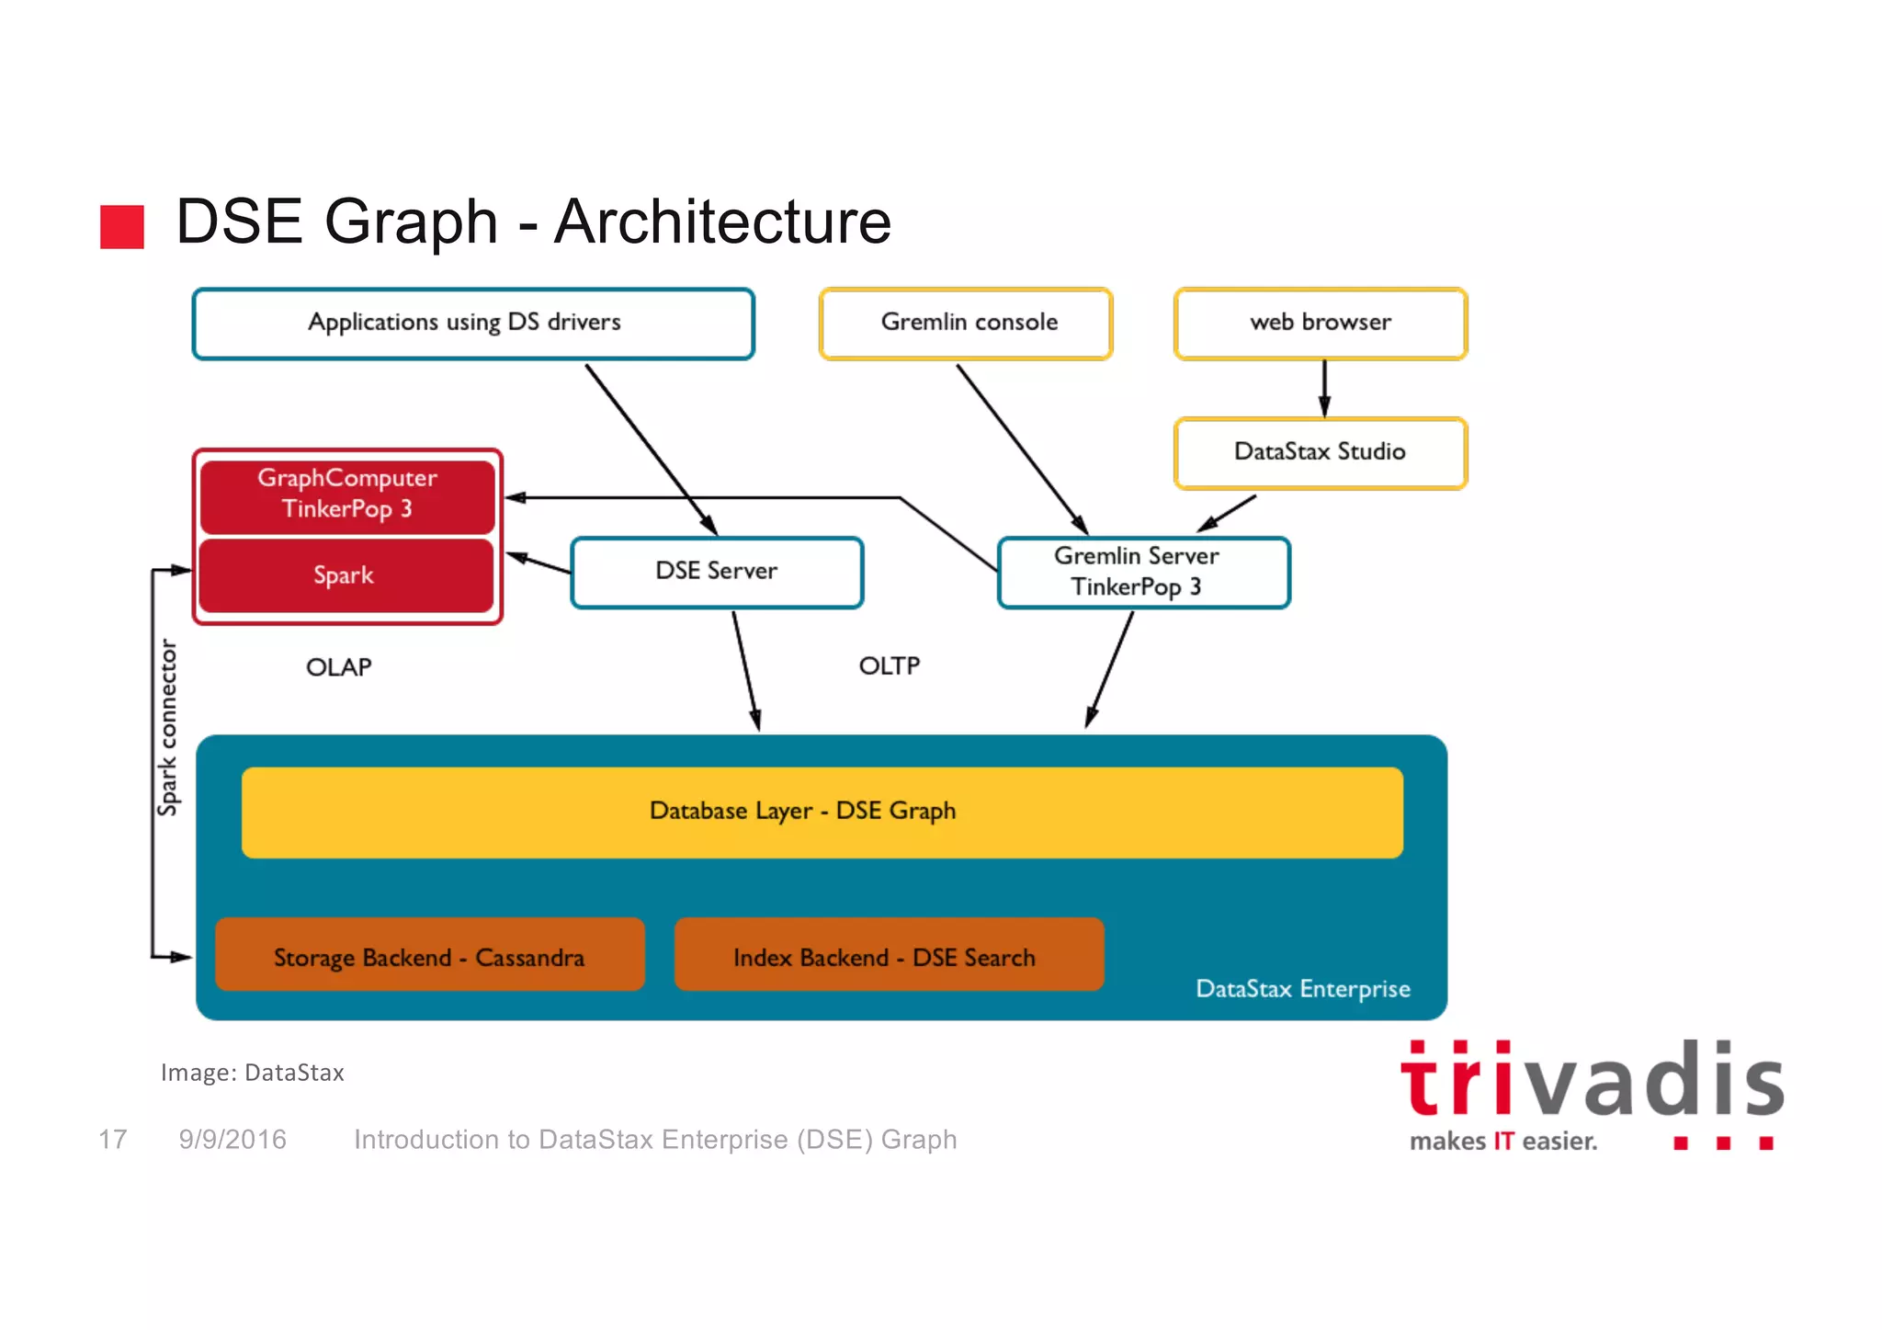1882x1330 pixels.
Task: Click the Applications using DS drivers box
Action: pyautogui.click(x=472, y=324)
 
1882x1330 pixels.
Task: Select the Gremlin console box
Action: pyautogui.click(x=966, y=324)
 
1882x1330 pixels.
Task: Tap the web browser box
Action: pyautogui.click(x=1321, y=324)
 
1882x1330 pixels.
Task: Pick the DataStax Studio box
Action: pyautogui.click(x=1321, y=453)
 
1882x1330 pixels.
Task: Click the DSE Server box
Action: pyautogui.click(x=717, y=572)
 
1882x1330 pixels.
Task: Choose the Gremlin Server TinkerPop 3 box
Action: pyautogui.click(x=1143, y=572)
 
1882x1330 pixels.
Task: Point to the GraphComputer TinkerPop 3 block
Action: pyautogui.click(x=347, y=494)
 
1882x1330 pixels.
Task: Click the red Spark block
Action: pyautogui.click(x=346, y=576)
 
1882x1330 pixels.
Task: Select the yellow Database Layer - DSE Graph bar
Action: pyautogui.click(x=821, y=812)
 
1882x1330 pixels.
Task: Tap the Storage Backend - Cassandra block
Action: pyautogui.click(x=429, y=956)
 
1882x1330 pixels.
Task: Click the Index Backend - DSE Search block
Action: pyautogui.click(x=888, y=956)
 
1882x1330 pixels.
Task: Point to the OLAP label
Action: pyautogui.click(x=339, y=667)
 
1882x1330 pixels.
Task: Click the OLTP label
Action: pyautogui.click(x=889, y=666)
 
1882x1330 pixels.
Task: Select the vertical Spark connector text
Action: pyautogui.click(x=167, y=726)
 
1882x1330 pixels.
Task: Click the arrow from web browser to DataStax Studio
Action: pyautogui.click(x=1324, y=389)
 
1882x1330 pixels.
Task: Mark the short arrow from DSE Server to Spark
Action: pyautogui.click(x=539, y=563)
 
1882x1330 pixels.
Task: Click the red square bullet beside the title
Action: pyautogui.click(x=122, y=226)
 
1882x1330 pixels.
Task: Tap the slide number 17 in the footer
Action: pyautogui.click(x=113, y=1140)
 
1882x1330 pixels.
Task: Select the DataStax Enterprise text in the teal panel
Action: pyautogui.click(x=1302, y=989)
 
